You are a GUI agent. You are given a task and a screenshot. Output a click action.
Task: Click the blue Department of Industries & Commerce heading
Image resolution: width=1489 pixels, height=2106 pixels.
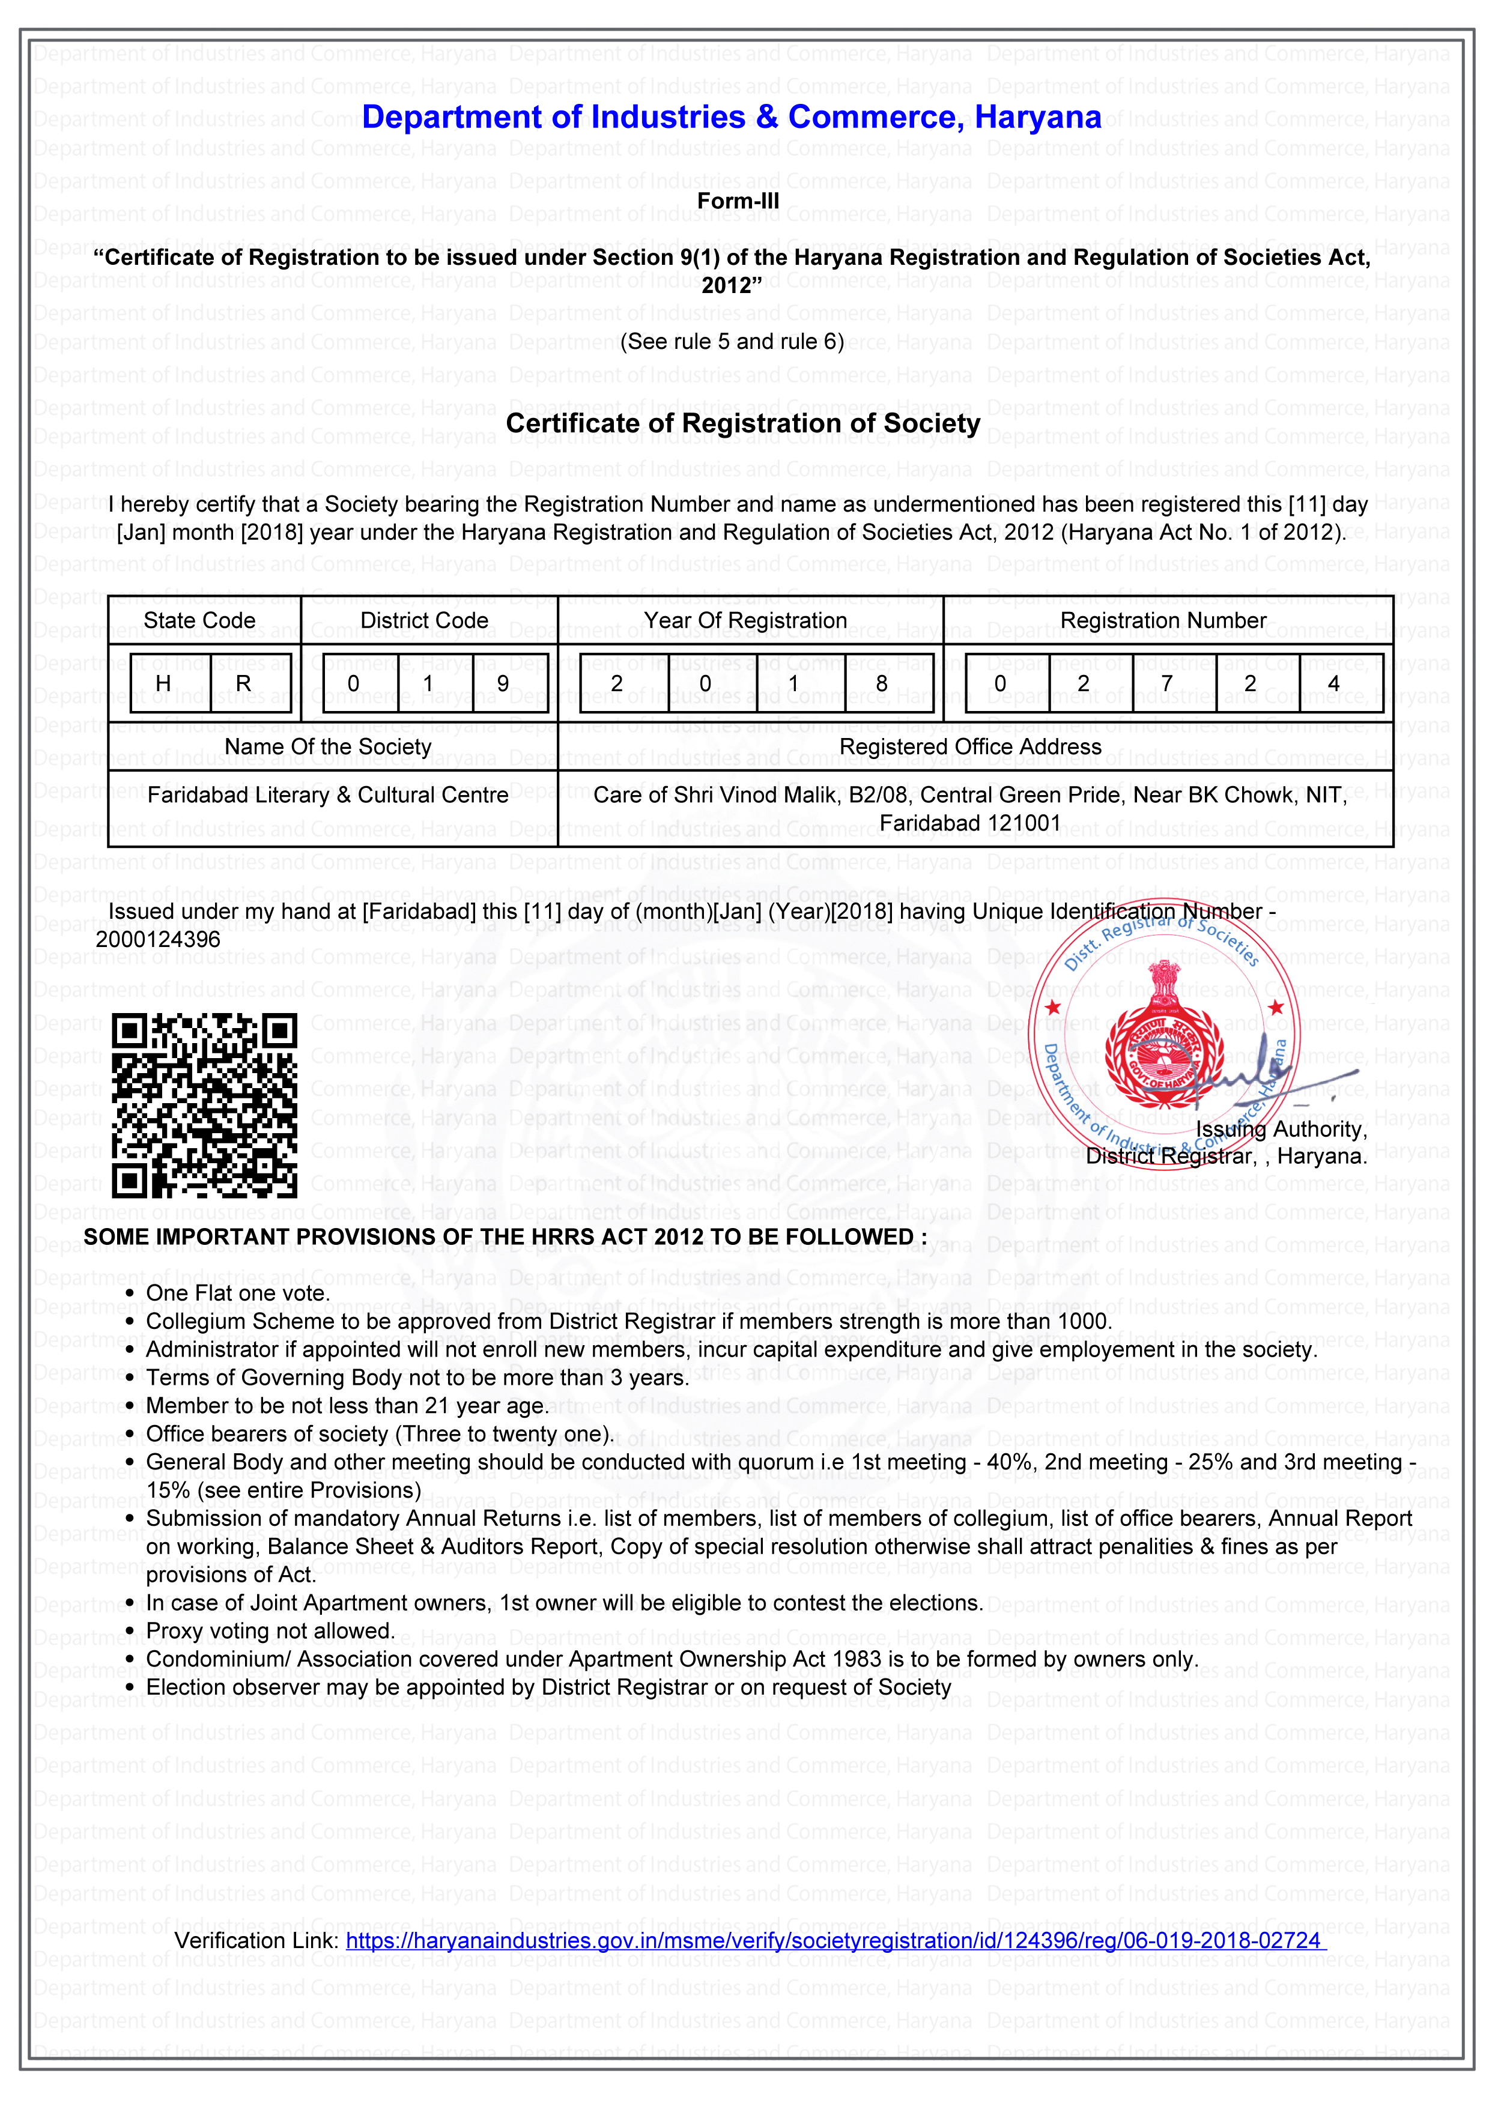[x=731, y=118]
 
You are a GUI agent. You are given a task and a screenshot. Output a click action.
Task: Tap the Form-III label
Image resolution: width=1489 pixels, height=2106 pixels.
[x=738, y=201]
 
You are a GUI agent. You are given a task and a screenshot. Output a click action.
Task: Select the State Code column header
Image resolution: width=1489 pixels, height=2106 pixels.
[x=199, y=621]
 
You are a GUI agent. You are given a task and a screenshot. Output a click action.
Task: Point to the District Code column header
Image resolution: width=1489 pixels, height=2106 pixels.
[x=424, y=621]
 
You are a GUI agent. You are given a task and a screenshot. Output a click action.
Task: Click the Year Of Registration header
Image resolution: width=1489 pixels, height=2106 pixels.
[x=745, y=621]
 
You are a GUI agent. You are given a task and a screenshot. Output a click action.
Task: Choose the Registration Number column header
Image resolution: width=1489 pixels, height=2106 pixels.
[x=1162, y=621]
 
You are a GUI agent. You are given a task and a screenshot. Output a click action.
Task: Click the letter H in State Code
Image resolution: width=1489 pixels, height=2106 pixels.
[x=163, y=683]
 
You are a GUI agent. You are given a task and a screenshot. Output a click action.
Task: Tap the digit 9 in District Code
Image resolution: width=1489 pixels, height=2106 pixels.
[x=503, y=683]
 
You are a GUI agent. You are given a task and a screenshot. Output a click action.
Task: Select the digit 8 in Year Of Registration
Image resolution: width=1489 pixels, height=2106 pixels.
[x=881, y=683]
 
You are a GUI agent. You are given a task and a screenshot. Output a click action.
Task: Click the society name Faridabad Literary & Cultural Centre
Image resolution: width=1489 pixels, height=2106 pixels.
[x=327, y=794]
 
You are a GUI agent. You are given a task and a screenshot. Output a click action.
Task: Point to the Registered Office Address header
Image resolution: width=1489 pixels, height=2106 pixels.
[x=969, y=746]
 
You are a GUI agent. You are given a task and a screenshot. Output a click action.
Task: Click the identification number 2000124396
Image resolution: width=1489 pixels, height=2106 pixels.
[x=158, y=939]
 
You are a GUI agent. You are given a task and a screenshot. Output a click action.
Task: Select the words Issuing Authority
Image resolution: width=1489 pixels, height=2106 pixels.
[x=1281, y=1129]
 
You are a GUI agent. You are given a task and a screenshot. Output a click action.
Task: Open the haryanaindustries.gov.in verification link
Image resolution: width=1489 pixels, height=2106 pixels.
[x=833, y=1940]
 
